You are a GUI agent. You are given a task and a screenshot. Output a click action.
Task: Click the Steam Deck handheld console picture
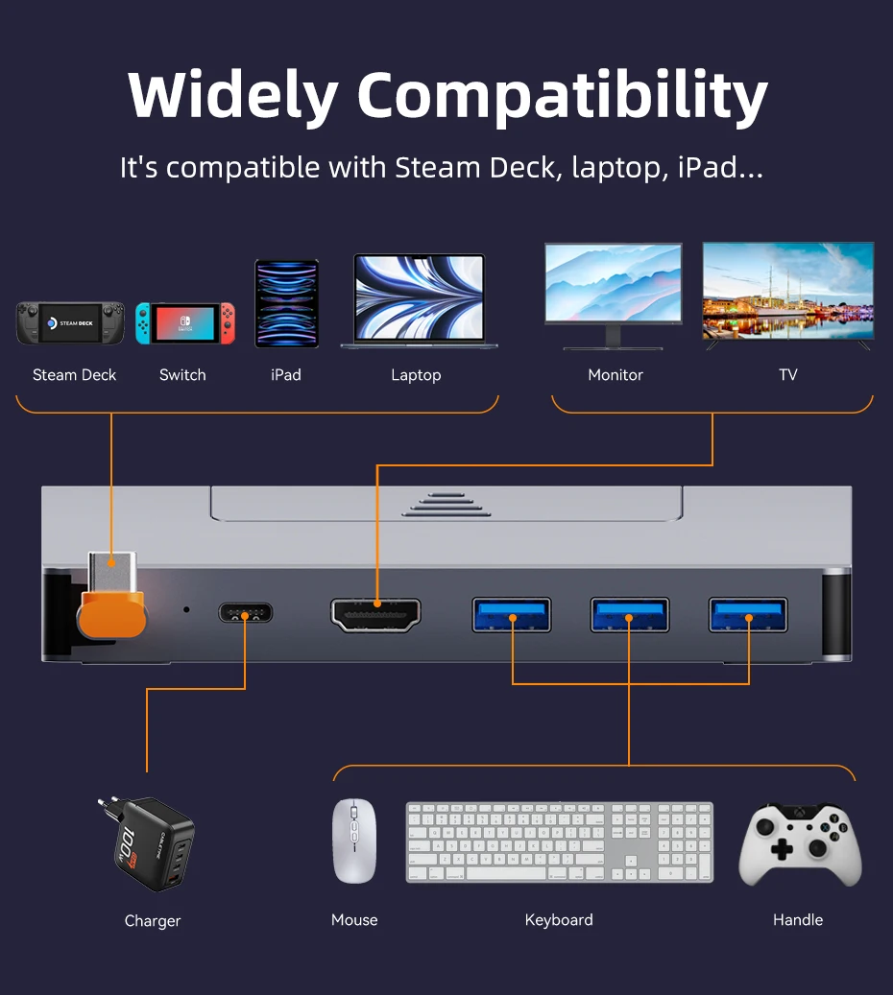[x=70, y=323]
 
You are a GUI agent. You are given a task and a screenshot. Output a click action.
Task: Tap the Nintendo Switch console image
[x=184, y=323]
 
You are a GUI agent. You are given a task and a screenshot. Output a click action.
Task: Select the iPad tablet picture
[x=286, y=303]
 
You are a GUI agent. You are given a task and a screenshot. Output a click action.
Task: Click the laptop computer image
[x=419, y=300]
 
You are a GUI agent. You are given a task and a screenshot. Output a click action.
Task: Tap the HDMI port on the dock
[x=375, y=615]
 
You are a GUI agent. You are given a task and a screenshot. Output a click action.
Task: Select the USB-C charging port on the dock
[x=245, y=613]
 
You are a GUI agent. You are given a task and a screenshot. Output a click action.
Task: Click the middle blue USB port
[x=629, y=614]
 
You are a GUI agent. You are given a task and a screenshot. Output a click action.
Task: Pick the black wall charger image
[x=146, y=843]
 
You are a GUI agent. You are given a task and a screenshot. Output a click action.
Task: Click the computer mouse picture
[x=353, y=841]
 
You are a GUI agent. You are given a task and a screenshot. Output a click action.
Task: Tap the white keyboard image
[x=560, y=841]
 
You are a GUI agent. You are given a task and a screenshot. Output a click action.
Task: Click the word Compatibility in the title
[x=562, y=96]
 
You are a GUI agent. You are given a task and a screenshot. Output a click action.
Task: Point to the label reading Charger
[x=153, y=921]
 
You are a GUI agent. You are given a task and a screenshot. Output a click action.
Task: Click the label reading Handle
[x=798, y=920]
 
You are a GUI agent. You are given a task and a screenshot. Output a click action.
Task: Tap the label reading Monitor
[x=615, y=375]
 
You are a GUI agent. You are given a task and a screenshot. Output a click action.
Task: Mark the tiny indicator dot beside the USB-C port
[x=186, y=609]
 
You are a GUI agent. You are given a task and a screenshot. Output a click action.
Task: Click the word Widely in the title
[x=232, y=96]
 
